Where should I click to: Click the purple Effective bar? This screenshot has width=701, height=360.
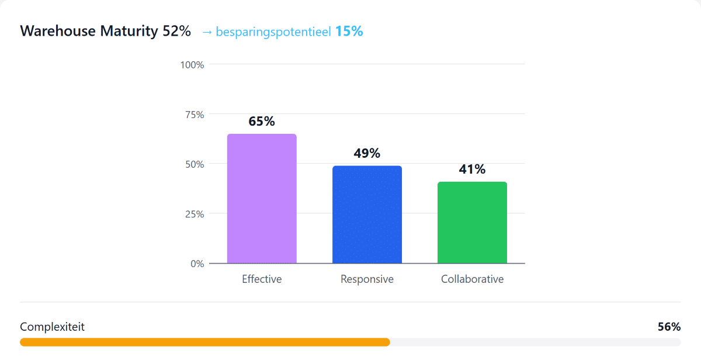[262, 199]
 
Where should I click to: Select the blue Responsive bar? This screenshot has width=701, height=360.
[367, 214]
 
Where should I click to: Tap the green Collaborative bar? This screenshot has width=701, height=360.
[472, 223]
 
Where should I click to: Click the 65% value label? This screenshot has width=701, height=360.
[262, 121]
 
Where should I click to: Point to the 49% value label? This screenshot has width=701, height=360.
[367, 153]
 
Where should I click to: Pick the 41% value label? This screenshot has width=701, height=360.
[472, 169]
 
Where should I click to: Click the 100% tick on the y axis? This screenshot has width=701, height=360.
[192, 65]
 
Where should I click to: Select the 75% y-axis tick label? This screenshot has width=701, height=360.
[195, 115]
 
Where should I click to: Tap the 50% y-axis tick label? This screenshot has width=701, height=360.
[195, 164]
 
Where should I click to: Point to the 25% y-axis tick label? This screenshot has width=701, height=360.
[195, 214]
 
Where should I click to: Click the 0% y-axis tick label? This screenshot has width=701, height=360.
[197, 264]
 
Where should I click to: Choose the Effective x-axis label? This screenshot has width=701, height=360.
[262, 279]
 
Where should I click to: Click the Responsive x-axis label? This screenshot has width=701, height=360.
[367, 279]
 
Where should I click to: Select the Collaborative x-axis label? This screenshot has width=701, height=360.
[472, 279]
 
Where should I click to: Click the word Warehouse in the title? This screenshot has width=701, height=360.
[58, 30]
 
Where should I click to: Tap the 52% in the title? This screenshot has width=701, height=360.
[176, 30]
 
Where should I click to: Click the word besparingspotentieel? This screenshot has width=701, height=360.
[273, 32]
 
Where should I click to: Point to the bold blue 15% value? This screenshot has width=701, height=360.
[349, 31]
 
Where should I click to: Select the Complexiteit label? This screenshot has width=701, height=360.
[52, 327]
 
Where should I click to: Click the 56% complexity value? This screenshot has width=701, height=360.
[669, 327]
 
